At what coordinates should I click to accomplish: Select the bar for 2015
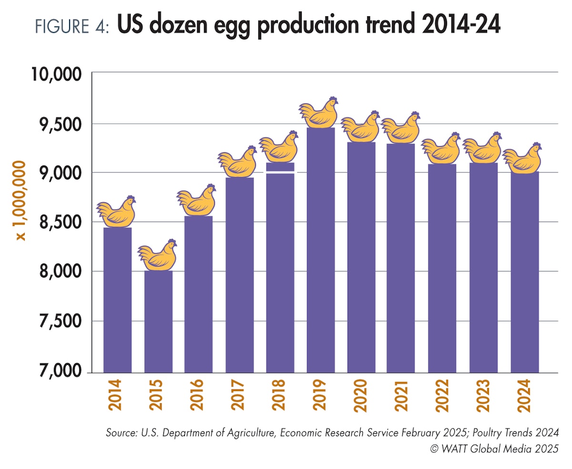(158, 322)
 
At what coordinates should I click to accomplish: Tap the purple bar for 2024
(524, 272)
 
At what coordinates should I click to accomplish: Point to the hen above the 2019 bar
(319, 113)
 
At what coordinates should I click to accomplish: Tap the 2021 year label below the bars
(400, 396)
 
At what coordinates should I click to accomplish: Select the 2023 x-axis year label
(483, 396)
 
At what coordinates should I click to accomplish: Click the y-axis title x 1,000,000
(20, 200)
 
